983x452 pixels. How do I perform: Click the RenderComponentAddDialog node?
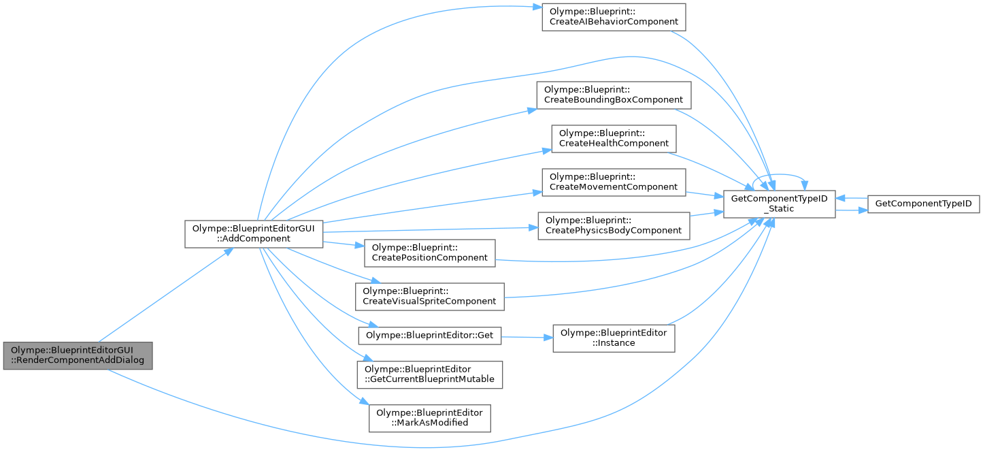[77, 355]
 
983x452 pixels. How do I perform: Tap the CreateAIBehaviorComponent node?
[613, 16]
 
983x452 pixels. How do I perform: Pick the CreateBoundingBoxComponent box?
[614, 95]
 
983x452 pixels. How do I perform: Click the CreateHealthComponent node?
[614, 139]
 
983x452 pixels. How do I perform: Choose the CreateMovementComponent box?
[614, 182]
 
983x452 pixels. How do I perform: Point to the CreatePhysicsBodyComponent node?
[614, 225]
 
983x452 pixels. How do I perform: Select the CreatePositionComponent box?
[430, 253]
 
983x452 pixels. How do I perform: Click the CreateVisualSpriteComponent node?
[430, 296]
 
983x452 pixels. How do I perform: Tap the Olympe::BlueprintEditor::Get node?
[430, 335]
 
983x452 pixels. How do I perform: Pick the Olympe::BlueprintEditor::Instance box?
[614, 338]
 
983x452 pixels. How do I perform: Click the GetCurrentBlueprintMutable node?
[430, 374]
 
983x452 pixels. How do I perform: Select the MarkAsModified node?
[430, 418]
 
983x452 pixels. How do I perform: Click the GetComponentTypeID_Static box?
[779, 204]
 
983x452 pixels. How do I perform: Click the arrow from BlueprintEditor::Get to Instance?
[527, 337]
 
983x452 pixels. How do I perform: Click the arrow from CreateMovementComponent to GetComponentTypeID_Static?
[703, 195]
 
